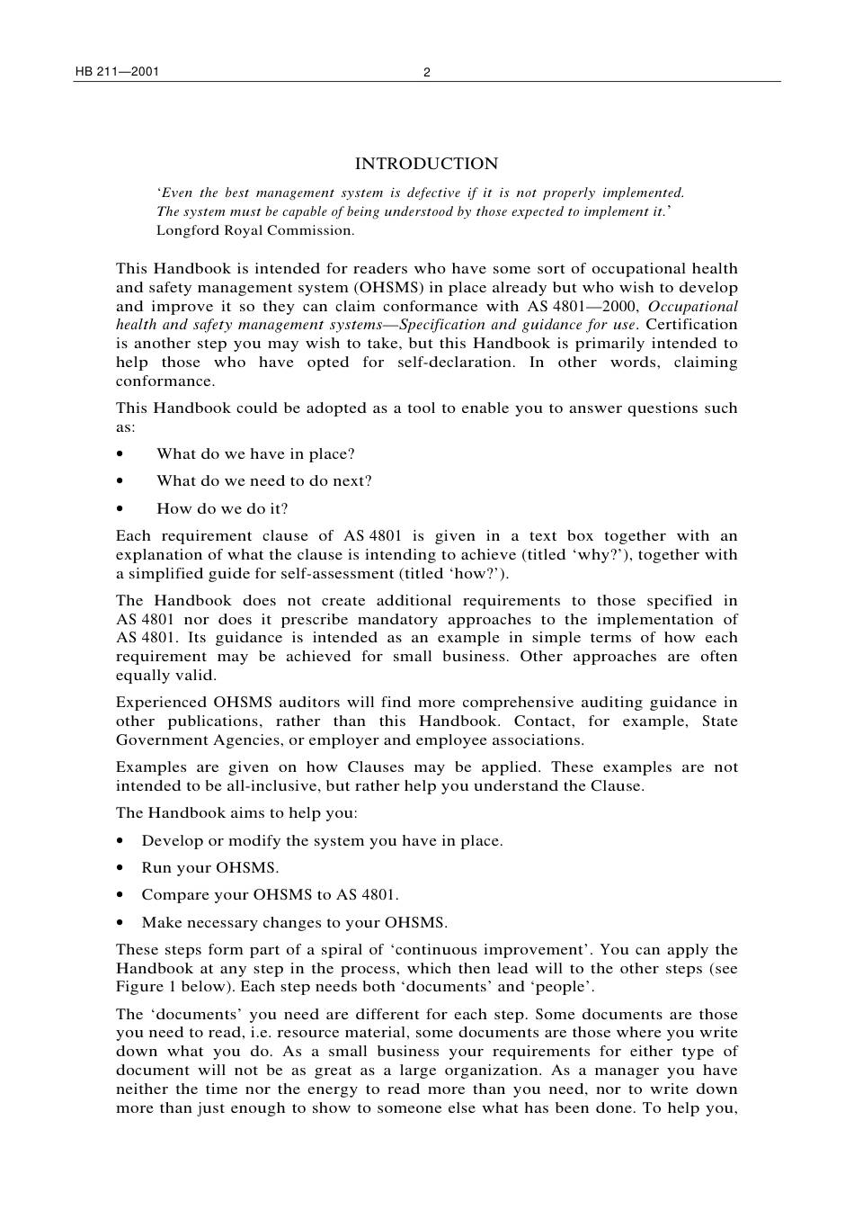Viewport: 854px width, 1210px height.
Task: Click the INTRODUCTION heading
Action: coord(426,164)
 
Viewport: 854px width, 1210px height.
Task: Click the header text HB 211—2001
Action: coord(117,72)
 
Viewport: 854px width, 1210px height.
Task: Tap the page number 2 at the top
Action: coord(427,73)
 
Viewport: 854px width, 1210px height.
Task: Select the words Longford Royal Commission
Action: coord(254,230)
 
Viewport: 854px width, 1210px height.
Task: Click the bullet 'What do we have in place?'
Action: coord(255,454)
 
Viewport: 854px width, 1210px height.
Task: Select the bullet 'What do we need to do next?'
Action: coord(263,481)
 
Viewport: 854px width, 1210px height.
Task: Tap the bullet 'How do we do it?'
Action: coord(222,509)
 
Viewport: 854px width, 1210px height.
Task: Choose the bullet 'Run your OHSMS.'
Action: coord(209,868)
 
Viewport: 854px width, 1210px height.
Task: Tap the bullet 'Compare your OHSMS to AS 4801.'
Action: coord(270,895)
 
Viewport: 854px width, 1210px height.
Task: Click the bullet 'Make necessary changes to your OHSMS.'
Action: coord(294,923)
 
